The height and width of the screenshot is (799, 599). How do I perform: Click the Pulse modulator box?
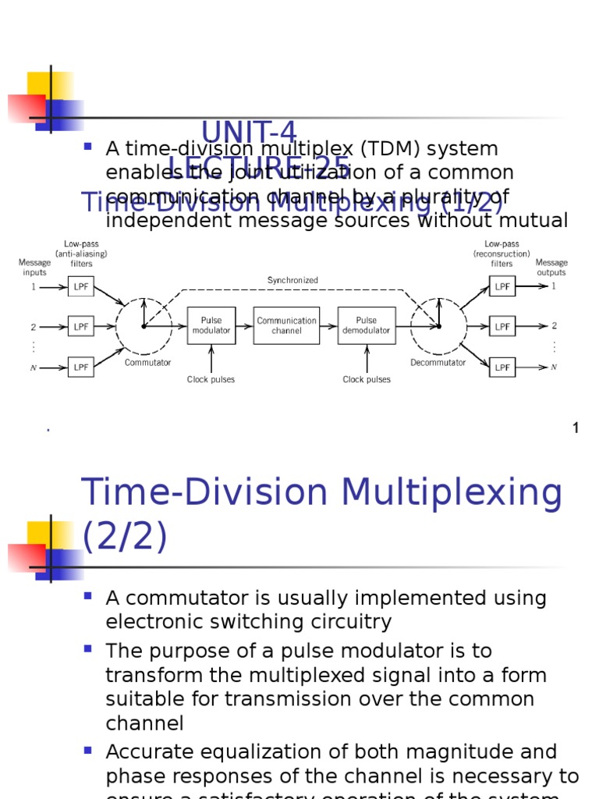click(x=211, y=325)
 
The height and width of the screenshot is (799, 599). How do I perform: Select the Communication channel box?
click(x=286, y=325)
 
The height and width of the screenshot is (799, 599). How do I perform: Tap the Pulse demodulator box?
click(x=366, y=325)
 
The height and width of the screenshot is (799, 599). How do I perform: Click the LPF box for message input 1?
click(x=81, y=287)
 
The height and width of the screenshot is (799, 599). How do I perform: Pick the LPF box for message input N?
click(x=81, y=367)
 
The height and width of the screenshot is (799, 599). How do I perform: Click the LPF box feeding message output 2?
click(x=502, y=326)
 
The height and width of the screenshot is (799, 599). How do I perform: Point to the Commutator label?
click(x=147, y=363)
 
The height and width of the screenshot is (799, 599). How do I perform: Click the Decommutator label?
click(x=438, y=363)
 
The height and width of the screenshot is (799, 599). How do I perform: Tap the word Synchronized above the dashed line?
click(x=292, y=280)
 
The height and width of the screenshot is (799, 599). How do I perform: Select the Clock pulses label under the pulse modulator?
click(x=211, y=380)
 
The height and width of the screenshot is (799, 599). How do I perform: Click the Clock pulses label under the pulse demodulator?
click(x=367, y=380)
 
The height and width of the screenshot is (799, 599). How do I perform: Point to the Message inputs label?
click(x=34, y=268)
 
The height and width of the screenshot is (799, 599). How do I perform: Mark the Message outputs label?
click(x=551, y=268)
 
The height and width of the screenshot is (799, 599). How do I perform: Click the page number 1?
click(x=576, y=428)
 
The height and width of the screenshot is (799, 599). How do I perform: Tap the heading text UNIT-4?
click(x=249, y=133)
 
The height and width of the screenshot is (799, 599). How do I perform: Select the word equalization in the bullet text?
click(x=236, y=752)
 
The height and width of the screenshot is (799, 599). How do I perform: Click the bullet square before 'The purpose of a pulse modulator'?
click(x=87, y=648)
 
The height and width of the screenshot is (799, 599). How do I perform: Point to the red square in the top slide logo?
click(x=25, y=108)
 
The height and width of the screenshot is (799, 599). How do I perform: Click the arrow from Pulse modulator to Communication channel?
click(x=244, y=326)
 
